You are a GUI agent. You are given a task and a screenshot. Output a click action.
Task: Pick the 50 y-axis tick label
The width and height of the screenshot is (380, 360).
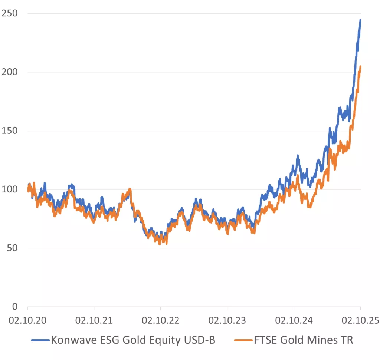tap(12, 248)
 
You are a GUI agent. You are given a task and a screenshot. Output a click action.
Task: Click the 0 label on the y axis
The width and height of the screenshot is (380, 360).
tap(15, 307)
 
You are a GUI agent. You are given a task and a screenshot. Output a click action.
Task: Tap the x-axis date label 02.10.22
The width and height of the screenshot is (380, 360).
tap(160, 320)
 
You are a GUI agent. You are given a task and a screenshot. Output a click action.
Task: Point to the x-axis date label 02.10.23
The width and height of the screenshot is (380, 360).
tap(227, 320)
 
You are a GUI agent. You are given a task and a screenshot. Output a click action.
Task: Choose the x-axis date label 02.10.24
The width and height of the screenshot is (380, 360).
tap(294, 320)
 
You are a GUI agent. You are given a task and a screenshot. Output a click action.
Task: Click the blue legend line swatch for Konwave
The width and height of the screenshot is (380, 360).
tap(40, 340)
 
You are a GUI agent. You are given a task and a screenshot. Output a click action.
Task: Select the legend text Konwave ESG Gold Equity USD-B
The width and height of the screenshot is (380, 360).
tap(133, 340)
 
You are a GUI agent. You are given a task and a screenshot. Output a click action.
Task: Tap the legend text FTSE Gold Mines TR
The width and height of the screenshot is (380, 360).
tap(303, 340)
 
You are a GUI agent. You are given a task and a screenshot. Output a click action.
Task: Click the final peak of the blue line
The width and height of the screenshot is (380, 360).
tap(360, 20)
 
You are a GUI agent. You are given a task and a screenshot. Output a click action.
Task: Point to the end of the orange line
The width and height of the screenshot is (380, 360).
tap(360, 67)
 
